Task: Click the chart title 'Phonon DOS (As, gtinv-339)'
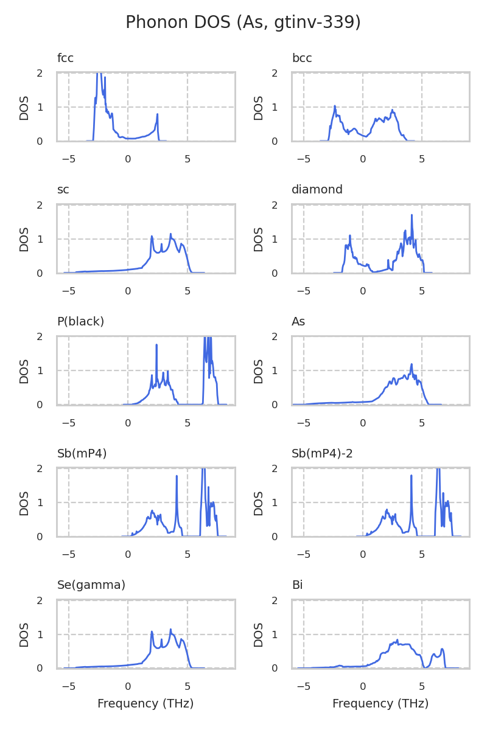click(x=243, y=23)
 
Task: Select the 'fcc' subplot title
click(x=65, y=58)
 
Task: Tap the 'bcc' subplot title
click(x=302, y=58)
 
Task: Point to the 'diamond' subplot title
click(x=317, y=190)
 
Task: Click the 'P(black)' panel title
click(x=80, y=321)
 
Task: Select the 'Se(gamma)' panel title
click(x=91, y=585)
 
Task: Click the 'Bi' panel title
click(x=297, y=585)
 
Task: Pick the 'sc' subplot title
click(x=63, y=190)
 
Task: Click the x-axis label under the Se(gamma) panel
click(x=145, y=704)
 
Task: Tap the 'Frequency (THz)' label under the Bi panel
click(x=380, y=704)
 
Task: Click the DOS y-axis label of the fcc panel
click(x=24, y=107)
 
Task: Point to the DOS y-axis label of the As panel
click(x=259, y=370)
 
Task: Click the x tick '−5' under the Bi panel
click(x=303, y=687)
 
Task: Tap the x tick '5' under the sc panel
click(x=187, y=291)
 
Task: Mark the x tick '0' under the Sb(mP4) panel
click(x=128, y=555)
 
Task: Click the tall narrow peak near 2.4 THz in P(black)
click(x=156, y=345)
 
